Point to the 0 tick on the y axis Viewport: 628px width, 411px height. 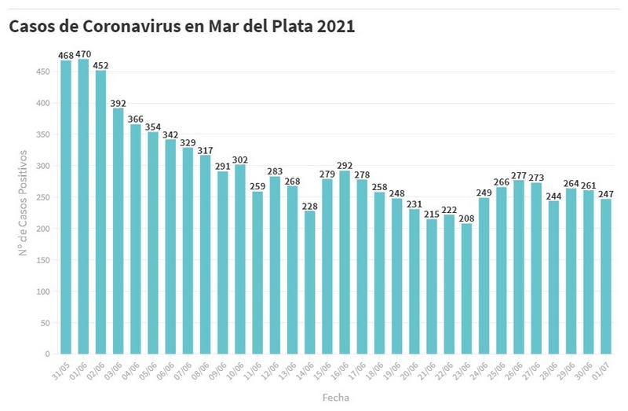(x=48, y=354)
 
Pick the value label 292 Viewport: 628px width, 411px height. (x=345, y=165)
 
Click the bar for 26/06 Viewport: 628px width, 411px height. (x=518, y=267)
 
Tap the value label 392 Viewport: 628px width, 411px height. (x=119, y=102)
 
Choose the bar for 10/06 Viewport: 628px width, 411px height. (x=240, y=259)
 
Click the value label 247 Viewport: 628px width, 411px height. (x=605, y=193)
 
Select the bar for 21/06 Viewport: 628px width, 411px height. (x=432, y=287)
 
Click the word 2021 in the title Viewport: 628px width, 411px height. (x=335, y=26)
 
